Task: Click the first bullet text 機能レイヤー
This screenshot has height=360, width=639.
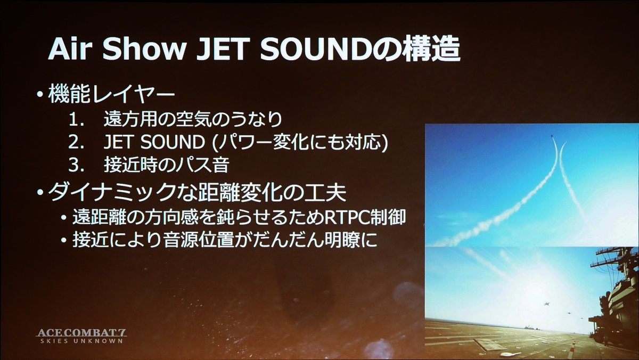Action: click(111, 94)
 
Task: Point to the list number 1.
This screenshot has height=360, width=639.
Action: click(75, 120)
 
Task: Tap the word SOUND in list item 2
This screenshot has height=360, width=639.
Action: click(173, 142)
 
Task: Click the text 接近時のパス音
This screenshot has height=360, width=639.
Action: click(167, 165)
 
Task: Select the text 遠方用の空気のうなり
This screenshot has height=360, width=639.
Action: click(193, 119)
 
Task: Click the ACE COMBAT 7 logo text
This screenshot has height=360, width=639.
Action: click(81, 333)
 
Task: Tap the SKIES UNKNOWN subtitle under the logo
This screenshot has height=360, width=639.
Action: click(81, 341)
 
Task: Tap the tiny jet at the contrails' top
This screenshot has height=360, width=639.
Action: click(553, 136)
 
